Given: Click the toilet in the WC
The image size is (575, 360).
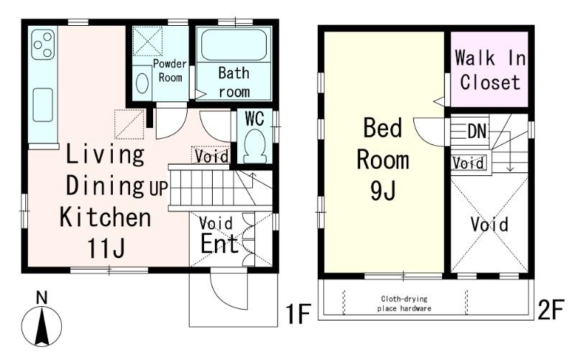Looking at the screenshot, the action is (x=255, y=146).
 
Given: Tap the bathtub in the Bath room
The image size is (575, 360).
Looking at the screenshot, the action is (x=234, y=45).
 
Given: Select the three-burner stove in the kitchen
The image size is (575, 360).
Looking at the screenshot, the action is (x=43, y=45).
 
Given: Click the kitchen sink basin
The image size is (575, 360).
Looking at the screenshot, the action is (x=43, y=105).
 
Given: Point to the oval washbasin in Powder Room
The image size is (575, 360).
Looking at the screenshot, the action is (x=142, y=83).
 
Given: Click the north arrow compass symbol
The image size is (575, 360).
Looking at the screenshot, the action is (x=42, y=322).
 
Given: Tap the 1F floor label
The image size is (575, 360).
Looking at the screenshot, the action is (x=298, y=313).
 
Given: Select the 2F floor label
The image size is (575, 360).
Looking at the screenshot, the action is (x=550, y=310).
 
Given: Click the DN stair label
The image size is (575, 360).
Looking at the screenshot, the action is (x=477, y=131).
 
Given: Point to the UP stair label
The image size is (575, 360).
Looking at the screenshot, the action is (x=158, y=188).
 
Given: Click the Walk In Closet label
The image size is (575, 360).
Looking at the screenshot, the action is (x=490, y=70).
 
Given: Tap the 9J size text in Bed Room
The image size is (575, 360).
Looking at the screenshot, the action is (x=383, y=190).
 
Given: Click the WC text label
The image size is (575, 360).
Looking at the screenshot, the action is (x=254, y=119).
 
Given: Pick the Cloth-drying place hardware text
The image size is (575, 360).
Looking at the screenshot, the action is (x=404, y=303).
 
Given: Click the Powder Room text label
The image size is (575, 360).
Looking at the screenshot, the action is (x=170, y=70).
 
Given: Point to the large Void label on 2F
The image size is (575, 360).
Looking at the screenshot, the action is (x=489, y=224).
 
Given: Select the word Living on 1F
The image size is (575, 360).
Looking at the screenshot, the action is (x=105, y=154).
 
